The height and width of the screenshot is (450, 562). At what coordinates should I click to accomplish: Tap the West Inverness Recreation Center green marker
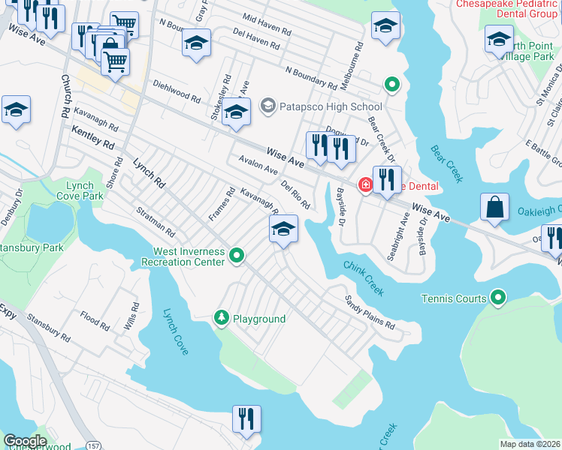pos(237,256)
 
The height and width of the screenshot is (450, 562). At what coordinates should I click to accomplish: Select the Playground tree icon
pos(222,319)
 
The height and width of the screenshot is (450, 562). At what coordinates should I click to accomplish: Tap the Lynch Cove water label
pos(176,331)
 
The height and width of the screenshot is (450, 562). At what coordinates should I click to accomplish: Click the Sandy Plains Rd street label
pos(370,313)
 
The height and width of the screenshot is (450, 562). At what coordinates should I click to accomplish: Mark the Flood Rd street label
pos(95,320)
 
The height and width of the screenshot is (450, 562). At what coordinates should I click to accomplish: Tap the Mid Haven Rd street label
pos(267,25)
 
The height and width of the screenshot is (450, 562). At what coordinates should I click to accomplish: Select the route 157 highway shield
pos(92,445)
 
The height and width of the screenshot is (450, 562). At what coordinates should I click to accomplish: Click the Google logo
pos(25,441)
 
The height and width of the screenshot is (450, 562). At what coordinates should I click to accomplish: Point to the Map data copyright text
pos(530,444)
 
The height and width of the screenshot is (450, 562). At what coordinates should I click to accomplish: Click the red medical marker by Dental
pos(366,184)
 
